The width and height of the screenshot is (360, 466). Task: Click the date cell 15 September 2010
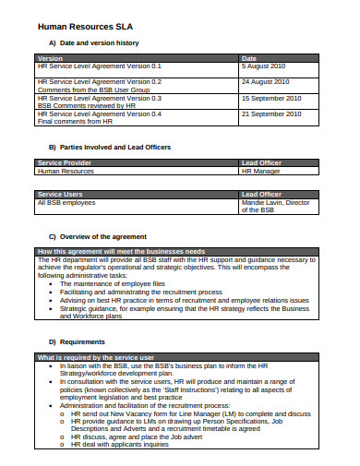pyautogui.click(x=271, y=98)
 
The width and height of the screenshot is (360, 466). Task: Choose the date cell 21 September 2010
pyautogui.click(x=271, y=114)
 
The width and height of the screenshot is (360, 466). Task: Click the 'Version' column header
pyautogui.click(x=52, y=57)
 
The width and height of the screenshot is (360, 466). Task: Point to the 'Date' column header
pyautogui.click(x=249, y=57)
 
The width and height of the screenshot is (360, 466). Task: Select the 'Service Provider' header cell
pyautogui.click(x=67, y=162)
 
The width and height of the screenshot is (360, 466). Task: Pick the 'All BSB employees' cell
pyautogui.click(x=67, y=203)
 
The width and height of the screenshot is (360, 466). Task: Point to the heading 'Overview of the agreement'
pyautogui.click(x=103, y=236)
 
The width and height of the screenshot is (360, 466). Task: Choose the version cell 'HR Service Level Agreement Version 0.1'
pyautogui.click(x=99, y=66)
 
